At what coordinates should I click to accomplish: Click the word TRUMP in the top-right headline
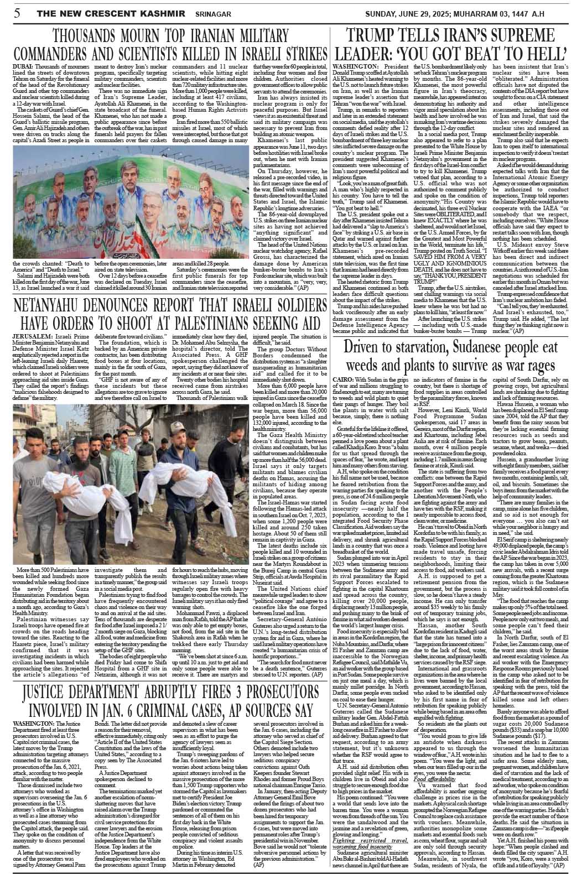coord(375,37)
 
